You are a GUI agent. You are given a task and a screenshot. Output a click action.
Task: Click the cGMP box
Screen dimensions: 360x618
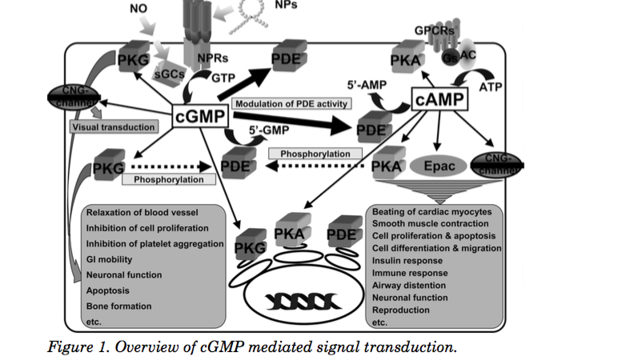200,118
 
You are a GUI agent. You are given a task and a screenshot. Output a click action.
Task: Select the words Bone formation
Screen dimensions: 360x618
119,306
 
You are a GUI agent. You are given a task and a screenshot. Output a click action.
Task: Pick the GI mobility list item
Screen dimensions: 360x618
110,259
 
